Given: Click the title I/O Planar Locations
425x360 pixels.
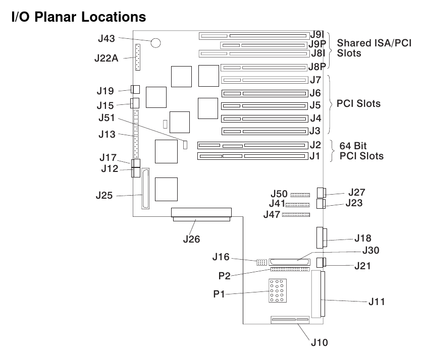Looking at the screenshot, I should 78,17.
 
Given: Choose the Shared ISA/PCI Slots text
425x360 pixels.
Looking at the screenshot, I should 374,48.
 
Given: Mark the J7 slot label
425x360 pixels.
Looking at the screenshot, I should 315,80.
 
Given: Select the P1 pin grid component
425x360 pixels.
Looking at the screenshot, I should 276,291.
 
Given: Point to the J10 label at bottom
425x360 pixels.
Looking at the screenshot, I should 319,342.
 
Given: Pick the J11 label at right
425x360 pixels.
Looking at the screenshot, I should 377,302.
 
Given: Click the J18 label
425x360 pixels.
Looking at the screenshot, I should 363,237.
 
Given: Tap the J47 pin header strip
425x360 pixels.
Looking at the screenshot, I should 296,215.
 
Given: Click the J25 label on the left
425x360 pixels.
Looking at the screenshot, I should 106,196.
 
